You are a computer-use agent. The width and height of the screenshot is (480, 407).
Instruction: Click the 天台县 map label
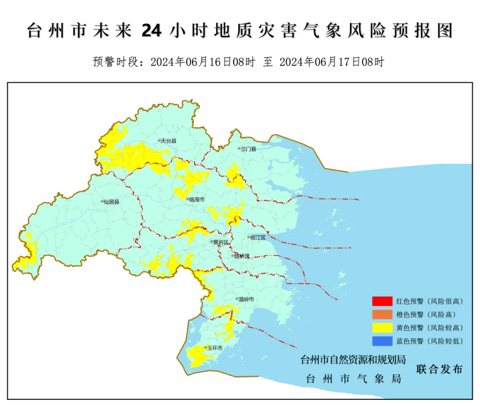(x=168, y=141)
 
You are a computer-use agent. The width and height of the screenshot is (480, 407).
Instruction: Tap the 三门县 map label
(x=248, y=149)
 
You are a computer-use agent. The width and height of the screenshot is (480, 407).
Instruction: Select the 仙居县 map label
(x=112, y=201)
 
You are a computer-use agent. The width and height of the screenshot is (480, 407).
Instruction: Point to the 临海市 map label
(x=196, y=200)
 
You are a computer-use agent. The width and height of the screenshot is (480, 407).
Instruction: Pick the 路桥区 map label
(x=242, y=256)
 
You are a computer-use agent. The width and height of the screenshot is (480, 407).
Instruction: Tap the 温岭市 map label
(x=246, y=300)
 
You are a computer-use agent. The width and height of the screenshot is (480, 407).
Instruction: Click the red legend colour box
(x=382, y=301)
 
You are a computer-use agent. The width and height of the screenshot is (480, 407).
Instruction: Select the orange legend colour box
(x=382, y=314)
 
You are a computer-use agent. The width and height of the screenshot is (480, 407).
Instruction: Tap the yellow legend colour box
(x=382, y=328)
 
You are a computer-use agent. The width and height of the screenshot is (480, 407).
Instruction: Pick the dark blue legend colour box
(x=382, y=341)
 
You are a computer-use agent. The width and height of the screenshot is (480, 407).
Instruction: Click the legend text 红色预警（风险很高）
(x=430, y=301)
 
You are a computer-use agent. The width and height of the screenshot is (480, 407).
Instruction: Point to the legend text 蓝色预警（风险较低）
(x=430, y=341)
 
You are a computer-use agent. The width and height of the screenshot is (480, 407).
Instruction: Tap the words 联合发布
(x=440, y=369)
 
